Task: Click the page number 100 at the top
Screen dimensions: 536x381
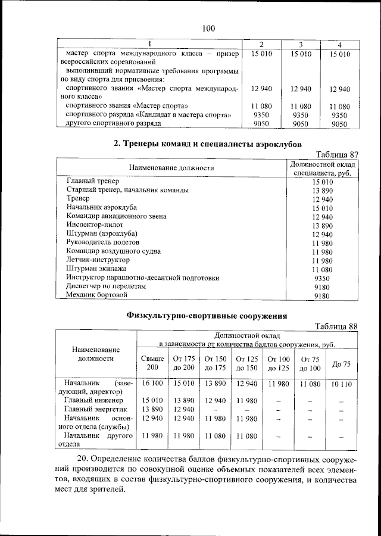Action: pyautogui.click(x=208, y=28)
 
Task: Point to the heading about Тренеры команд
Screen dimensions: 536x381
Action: pyautogui.click(x=208, y=144)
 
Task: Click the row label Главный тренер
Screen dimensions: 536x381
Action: pyautogui.click(x=93, y=180)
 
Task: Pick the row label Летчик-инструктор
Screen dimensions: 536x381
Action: pyautogui.click(x=98, y=260)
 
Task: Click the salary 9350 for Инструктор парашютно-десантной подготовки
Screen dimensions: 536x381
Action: pyautogui.click(x=321, y=278)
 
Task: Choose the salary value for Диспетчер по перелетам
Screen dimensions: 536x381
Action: pyautogui.click(x=321, y=286)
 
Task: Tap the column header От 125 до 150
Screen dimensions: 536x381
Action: pyautogui.click(x=246, y=363)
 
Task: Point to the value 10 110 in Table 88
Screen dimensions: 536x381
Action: pyautogui.click(x=341, y=385)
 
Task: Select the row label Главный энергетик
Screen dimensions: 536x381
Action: pyautogui.click(x=94, y=409)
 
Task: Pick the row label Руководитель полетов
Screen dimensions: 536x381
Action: pyautogui.click(x=102, y=242)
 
